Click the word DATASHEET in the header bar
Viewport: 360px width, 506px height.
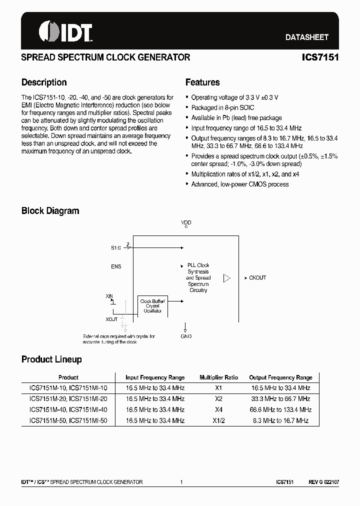pyautogui.click(x=306, y=37)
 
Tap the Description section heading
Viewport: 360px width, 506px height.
pyautogui.click(x=44, y=82)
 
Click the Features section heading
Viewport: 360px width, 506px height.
pyautogui.click(x=202, y=82)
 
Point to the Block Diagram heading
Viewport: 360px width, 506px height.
pyautogui.click(x=50, y=211)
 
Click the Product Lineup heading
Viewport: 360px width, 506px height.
pyautogui.click(x=51, y=359)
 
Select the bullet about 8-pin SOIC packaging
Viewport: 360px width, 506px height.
pyautogui.click(x=222, y=107)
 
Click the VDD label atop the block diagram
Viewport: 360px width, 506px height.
pyautogui.click(x=186, y=222)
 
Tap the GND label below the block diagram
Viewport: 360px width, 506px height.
pyautogui.click(x=186, y=336)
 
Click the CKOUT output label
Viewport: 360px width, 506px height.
pyautogui.click(x=257, y=278)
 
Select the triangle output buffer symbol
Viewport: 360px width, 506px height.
pyautogui.click(x=227, y=278)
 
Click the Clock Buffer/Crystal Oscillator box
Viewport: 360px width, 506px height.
pyautogui.click(x=152, y=306)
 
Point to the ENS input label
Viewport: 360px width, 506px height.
pyautogui.click(x=116, y=266)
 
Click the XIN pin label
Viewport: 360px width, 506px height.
pyautogui.click(x=109, y=296)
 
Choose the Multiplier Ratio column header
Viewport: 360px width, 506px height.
pyautogui.click(x=218, y=377)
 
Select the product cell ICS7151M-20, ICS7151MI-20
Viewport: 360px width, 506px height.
pyautogui.click(x=68, y=398)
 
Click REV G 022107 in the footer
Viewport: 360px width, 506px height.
pyautogui.click(x=323, y=482)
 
